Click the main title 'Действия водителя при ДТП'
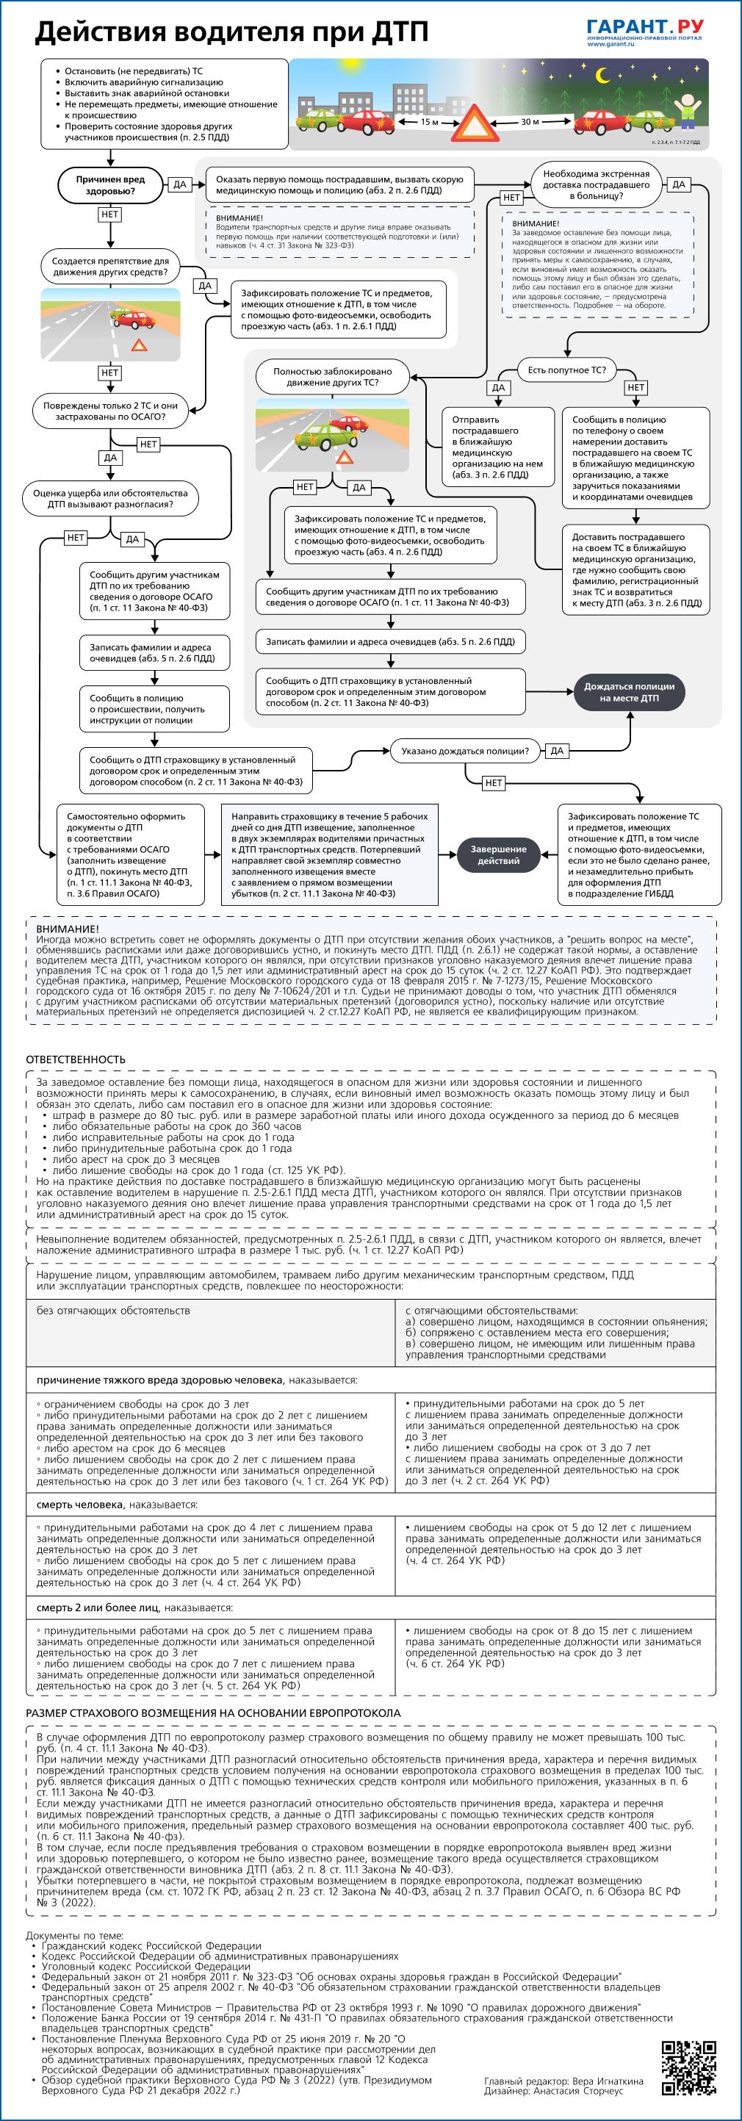pos(231,32)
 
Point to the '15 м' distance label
pos(429,122)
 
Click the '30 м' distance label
pos(530,122)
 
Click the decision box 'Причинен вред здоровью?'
pos(110,185)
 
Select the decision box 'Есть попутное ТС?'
pos(566,370)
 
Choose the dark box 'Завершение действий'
pos(498,854)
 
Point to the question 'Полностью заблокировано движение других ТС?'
pos(333,377)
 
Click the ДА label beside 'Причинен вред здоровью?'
pos(179,185)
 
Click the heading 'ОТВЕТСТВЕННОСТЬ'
pos(76,1059)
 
